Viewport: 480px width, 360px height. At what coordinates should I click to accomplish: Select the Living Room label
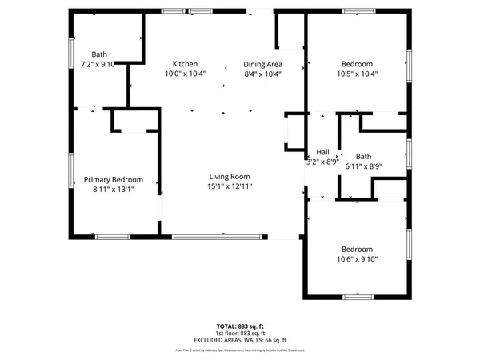[230, 177]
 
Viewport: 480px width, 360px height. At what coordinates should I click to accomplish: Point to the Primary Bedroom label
[114, 180]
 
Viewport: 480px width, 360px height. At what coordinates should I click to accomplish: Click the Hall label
[323, 152]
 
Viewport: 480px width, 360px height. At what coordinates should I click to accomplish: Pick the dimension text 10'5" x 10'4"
[357, 74]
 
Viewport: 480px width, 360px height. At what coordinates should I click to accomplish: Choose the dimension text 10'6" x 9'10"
[357, 258]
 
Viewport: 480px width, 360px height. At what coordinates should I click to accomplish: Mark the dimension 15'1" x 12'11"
[230, 186]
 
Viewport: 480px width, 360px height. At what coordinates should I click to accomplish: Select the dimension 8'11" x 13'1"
[113, 190]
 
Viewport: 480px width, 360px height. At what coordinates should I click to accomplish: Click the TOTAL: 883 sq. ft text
[239, 326]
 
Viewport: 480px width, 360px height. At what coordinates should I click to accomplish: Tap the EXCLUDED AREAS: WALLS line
[239, 341]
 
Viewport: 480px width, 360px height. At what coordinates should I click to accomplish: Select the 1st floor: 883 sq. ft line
[239, 334]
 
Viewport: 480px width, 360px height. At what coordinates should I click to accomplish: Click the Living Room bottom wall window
[218, 236]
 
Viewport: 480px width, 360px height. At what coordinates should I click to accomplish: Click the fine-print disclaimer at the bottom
[239, 350]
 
